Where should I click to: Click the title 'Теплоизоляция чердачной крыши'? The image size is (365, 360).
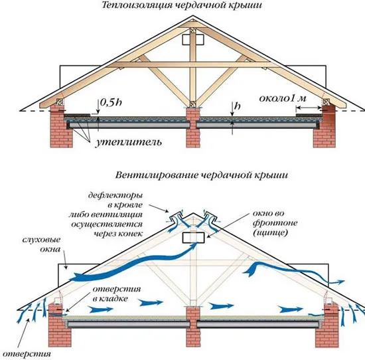pos(182,5)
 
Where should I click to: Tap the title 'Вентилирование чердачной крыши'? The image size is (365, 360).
pos(202,175)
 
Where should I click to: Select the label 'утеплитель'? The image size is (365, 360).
pos(128,142)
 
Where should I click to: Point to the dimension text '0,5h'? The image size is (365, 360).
pos(111,102)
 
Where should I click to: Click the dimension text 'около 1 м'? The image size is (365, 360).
pos(283,98)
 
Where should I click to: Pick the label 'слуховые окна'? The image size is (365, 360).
pos(41,244)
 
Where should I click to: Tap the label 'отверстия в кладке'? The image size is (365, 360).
pos(117,294)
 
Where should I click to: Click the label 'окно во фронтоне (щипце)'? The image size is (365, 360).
pos(275,223)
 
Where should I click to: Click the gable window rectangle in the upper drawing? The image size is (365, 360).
pos(193,40)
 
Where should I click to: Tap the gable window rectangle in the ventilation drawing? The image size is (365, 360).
pos(193,238)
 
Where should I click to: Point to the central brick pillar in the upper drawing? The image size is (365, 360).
pos(193,128)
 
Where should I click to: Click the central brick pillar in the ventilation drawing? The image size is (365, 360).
pos(193,327)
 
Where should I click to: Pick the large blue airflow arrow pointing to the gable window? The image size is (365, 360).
pos(135,263)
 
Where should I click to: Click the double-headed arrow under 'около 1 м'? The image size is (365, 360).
pos(309,108)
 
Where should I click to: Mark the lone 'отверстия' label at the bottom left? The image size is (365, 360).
pos(27,355)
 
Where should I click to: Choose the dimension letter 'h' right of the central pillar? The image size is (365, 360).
pos(237,106)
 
